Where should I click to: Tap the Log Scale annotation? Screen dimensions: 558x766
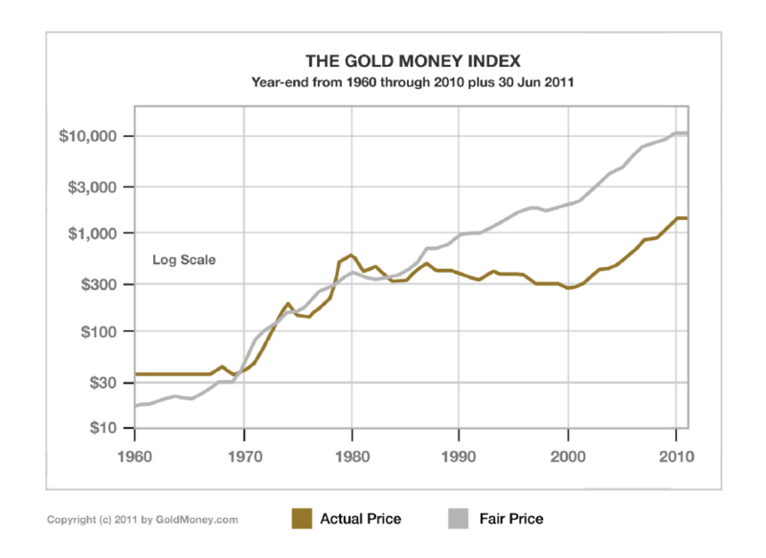tap(185, 259)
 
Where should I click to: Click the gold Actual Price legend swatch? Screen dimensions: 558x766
tap(303, 519)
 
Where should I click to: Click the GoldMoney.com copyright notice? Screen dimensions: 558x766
tap(143, 520)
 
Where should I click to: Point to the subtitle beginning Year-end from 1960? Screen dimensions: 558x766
tap(412, 83)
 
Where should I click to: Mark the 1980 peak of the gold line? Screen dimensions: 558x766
tap(351, 256)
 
